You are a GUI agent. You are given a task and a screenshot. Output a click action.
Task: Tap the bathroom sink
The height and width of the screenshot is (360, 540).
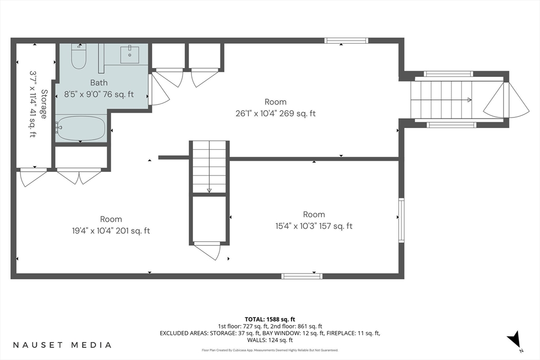coord(130,55)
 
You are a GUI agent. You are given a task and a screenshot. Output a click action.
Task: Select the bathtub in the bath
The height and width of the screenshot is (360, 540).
coord(81,129)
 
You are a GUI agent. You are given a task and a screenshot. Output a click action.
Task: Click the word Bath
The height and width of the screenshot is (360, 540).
coord(99,83)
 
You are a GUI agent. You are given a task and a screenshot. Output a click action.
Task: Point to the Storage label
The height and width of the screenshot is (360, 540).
coord(44,104)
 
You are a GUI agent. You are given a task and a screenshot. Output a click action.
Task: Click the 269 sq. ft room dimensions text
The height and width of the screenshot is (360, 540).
coord(275,113)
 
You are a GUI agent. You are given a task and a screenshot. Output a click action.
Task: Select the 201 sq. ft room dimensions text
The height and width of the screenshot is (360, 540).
coord(111,231)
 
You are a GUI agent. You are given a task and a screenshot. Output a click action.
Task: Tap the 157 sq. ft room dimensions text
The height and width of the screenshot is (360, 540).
coord(314,226)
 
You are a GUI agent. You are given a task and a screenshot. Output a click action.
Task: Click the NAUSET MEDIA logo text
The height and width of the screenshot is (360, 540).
coord(62,345)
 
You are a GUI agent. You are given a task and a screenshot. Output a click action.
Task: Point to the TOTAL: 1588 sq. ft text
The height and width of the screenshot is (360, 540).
coord(270,319)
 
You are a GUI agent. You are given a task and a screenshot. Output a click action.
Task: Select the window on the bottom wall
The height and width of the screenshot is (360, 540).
coord(302,276)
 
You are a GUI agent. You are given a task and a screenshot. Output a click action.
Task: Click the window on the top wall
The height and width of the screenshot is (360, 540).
coord(346,41)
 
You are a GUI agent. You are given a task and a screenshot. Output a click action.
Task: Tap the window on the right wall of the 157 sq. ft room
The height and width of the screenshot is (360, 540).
coord(401,220)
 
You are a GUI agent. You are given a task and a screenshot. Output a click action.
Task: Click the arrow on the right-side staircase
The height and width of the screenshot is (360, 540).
coord(441,100)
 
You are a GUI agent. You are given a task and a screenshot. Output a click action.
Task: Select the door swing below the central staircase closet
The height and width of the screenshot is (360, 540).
coord(208,251)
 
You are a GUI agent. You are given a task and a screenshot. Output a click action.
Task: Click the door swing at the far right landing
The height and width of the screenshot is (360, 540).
coord(506,100)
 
